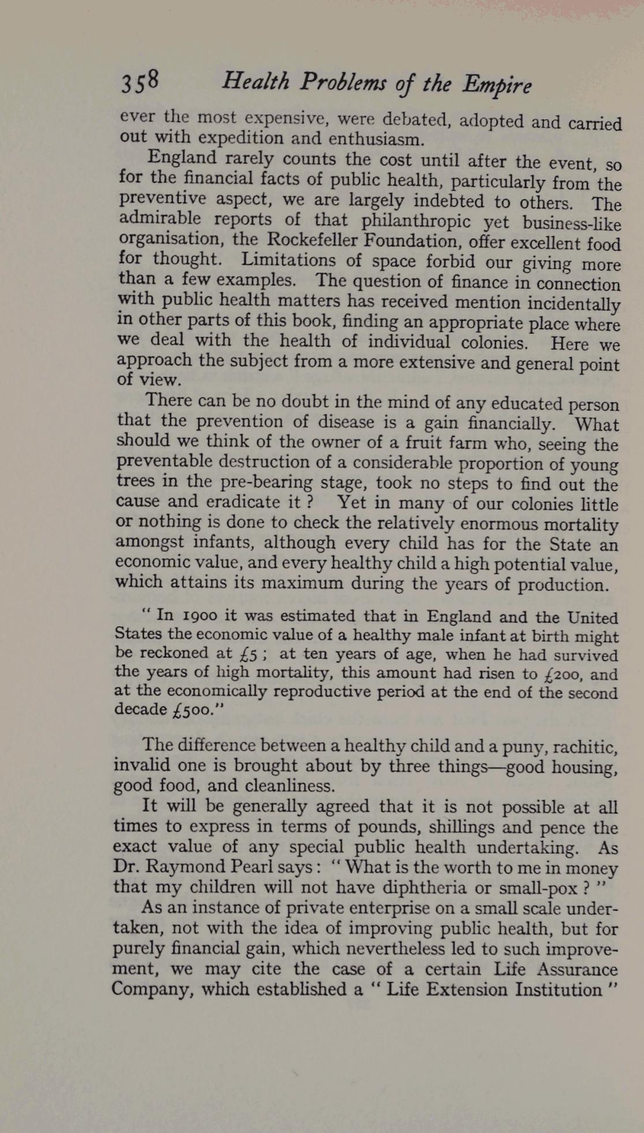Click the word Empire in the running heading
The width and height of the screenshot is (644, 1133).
point(497,86)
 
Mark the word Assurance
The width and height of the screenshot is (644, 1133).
point(578,969)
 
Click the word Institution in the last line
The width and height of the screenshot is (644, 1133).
point(558,989)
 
